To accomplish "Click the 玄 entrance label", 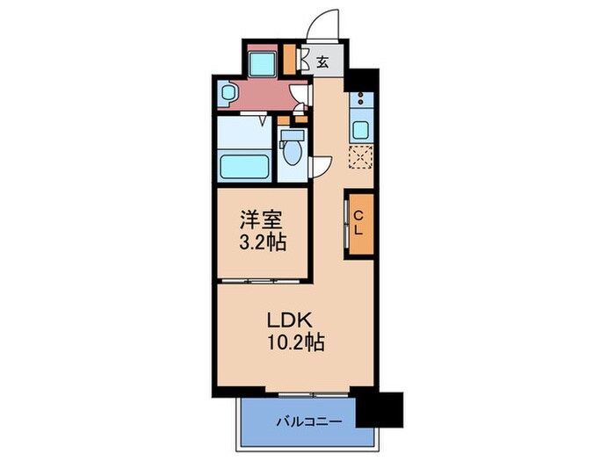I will pyautogui.click(x=322, y=61).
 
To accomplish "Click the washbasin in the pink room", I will pyautogui.click(x=227, y=91).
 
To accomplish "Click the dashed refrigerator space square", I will pyautogui.click(x=361, y=157).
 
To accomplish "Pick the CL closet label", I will pyautogui.click(x=359, y=223).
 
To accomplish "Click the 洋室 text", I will pyautogui.click(x=262, y=218).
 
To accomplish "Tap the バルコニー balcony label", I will pyautogui.click(x=299, y=420).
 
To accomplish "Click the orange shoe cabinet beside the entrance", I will pyautogui.click(x=291, y=58).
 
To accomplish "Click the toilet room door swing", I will pyautogui.click(x=322, y=166).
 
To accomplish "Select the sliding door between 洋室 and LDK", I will pyautogui.click(x=262, y=280).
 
